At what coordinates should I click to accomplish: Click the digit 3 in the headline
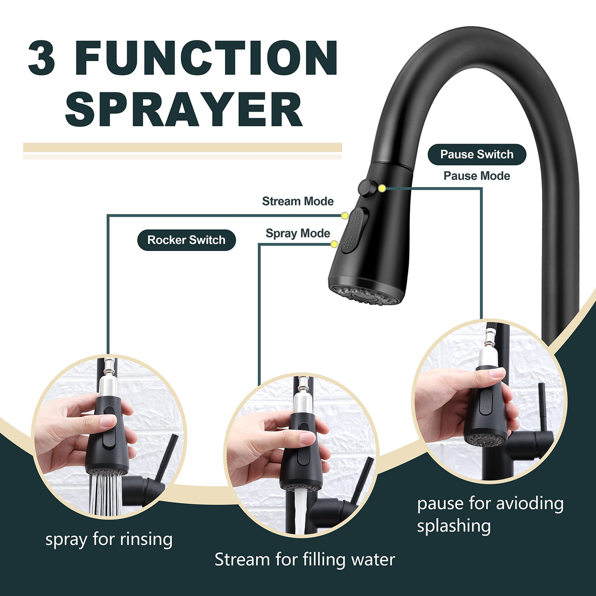pos(42,57)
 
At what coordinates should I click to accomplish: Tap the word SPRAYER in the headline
pos(184,109)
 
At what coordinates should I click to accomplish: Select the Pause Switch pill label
pos(477,154)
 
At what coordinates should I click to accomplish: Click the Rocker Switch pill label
pos(186,240)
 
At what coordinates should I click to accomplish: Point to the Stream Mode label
pos(298,201)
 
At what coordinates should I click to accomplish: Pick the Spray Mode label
pos(298,233)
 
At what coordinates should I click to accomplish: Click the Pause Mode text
pos(477,176)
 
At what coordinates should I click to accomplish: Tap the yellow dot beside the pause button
pos(382,188)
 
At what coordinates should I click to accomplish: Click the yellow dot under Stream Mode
pos(345,216)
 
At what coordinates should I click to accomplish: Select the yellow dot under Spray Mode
pos(334,244)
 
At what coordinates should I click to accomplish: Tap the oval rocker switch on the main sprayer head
pos(354,230)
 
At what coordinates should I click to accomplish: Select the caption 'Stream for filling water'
pos(304,560)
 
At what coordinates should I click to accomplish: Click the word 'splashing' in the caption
pos(454,525)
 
